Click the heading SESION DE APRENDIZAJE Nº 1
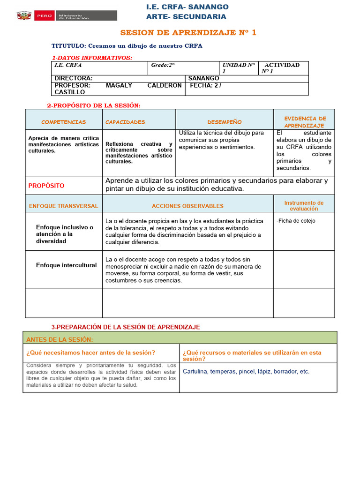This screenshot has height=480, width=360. pyautogui.click(x=188, y=33)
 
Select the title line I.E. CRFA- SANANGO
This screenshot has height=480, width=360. pyautogui.click(x=187, y=7)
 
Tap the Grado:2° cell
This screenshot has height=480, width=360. pyautogui.click(x=163, y=65)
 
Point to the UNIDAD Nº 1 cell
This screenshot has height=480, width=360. pyautogui.click(x=239, y=68)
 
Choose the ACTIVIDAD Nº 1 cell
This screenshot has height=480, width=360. pyautogui.click(x=282, y=68)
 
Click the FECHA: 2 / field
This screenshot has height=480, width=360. pyautogui.click(x=205, y=86)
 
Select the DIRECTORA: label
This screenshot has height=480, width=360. pyautogui.click(x=74, y=78)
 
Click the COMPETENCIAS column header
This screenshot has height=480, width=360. pyautogui.click(x=64, y=122)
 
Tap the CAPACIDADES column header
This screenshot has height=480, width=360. pyautogui.click(x=125, y=122)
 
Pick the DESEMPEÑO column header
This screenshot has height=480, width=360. pyautogui.click(x=225, y=122)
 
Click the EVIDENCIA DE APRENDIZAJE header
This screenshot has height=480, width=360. pyautogui.click(x=304, y=122)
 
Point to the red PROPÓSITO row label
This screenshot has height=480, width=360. pyautogui.click(x=46, y=186)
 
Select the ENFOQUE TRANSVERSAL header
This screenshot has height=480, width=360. pyautogui.click(x=64, y=206)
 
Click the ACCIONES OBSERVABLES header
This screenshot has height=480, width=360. pyautogui.click(x=187, y=206)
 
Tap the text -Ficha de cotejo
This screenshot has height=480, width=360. pyautogui.click(x=296, y=221)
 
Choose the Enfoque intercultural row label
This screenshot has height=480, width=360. pyautogui.click(x=67, y=265)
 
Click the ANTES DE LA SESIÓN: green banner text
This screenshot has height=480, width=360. pyautogui.click(x=60, y=339)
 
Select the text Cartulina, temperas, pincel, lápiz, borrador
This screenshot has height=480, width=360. pyautogui.click(x=246, y=371)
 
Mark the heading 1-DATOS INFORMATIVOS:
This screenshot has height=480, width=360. pyautogui.click(x=92, y=58)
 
